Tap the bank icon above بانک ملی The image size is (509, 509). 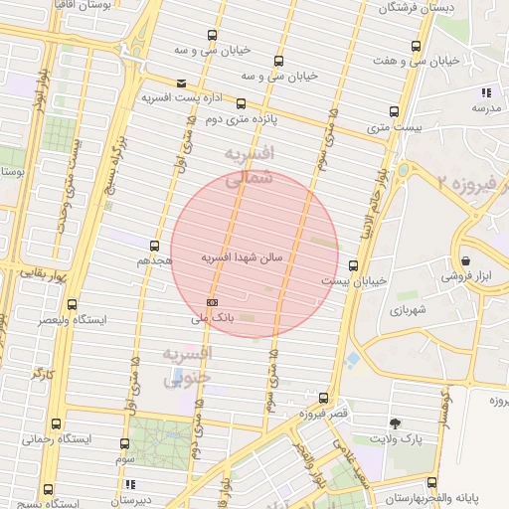(211, 301)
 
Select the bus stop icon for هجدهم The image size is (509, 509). (154, 245)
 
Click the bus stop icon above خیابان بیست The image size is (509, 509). (353, 264)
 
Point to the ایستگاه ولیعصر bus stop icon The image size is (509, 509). (71, 305)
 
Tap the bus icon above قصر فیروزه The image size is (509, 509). (322, 397)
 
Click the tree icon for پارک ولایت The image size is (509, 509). (396, 422)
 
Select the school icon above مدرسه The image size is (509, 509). (484, 92)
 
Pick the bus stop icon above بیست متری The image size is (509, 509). (394, 111)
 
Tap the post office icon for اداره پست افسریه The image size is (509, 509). (180, 83)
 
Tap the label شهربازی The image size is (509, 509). (408, 310)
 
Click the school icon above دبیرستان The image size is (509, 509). (130, 485)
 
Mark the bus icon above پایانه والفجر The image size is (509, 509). (430, 481)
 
